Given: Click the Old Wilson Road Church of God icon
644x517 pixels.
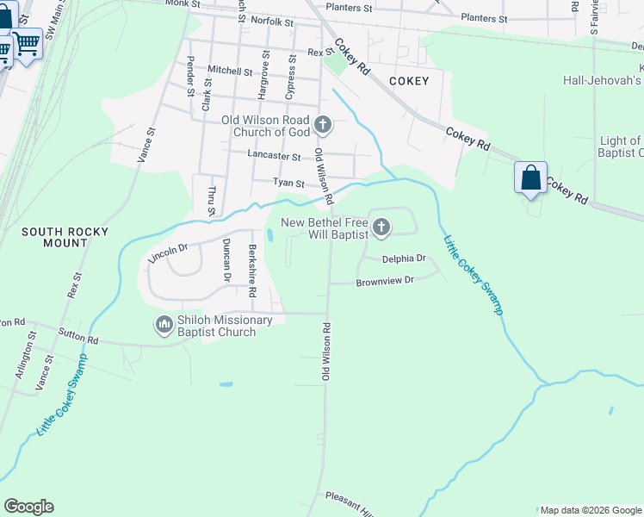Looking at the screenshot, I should click(323, 126).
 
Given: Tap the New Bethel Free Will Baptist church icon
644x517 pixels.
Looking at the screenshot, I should click(381, 228).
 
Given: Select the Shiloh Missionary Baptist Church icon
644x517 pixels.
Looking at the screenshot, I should click(164, 326).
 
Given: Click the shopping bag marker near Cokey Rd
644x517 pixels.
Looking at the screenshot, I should click(531, 178).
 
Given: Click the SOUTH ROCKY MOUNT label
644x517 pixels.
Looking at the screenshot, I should click(54, 237).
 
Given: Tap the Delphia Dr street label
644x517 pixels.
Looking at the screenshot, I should click(405, 258).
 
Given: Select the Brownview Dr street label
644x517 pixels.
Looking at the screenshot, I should click(385, 280).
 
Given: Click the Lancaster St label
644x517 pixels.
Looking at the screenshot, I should click(273, 157).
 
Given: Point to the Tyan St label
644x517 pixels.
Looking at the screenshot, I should click(288, 183).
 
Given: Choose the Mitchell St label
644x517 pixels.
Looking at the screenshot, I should click(230, 72).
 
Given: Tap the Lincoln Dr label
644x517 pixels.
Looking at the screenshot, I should click(169, 252).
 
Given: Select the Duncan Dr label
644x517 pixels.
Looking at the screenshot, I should click(226, 260).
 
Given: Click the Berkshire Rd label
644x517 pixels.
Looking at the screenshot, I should click(252, 271).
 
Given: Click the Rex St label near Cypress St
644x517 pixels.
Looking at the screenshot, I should click(320, 53).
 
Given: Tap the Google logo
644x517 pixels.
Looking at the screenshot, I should click(28, 507).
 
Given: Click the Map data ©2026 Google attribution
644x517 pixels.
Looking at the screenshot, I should click(591, 510).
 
